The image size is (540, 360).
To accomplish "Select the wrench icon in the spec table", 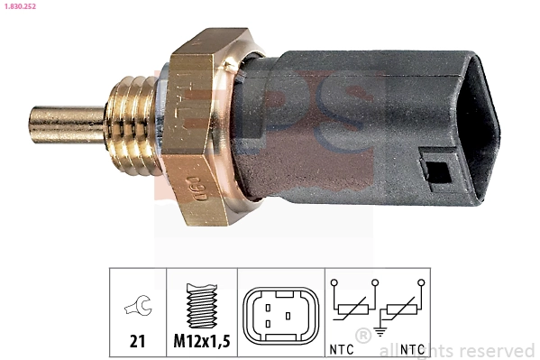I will (x=138, y=309).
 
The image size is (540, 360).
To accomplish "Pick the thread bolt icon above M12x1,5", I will (x=202, y=308).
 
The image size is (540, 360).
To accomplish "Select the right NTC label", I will (x=412, y=348).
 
